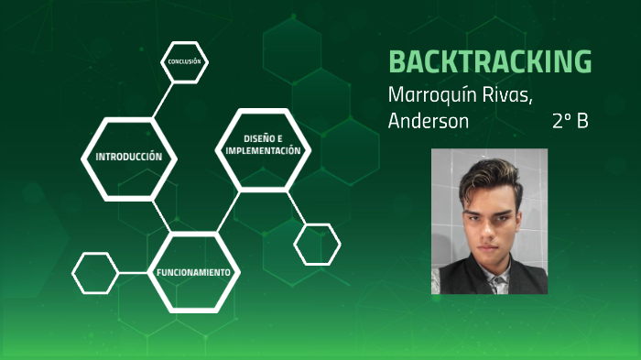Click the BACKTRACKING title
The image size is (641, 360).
pyautogui.click(x=490, y=61)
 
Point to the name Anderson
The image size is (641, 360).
pyautogui.click(x=428, y=121)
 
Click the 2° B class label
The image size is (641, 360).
pyautogui.click(x=570, y=121)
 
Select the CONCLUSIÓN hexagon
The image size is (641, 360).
pyautogui.click(x=184, y=61)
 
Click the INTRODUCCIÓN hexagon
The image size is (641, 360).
pyautogui.click(x=128, y=157)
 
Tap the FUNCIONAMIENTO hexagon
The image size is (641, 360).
pyautogui.click(x=192, y=273)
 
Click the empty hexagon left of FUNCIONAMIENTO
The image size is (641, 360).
pyautogui.click(x=95, y=273)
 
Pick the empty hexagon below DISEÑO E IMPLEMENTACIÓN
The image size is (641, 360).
pyautogui.click(x=317, y=244)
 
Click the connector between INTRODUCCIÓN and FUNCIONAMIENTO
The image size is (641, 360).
pyautogui.click(x=163, y=217)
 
